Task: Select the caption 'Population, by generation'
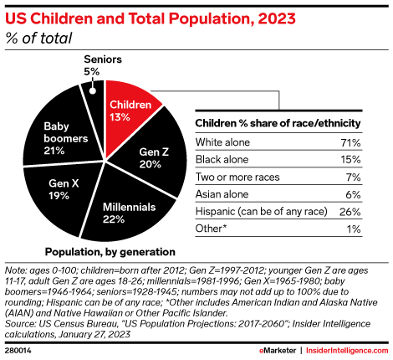tap(110, 251)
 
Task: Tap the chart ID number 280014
tap(20, 349)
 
